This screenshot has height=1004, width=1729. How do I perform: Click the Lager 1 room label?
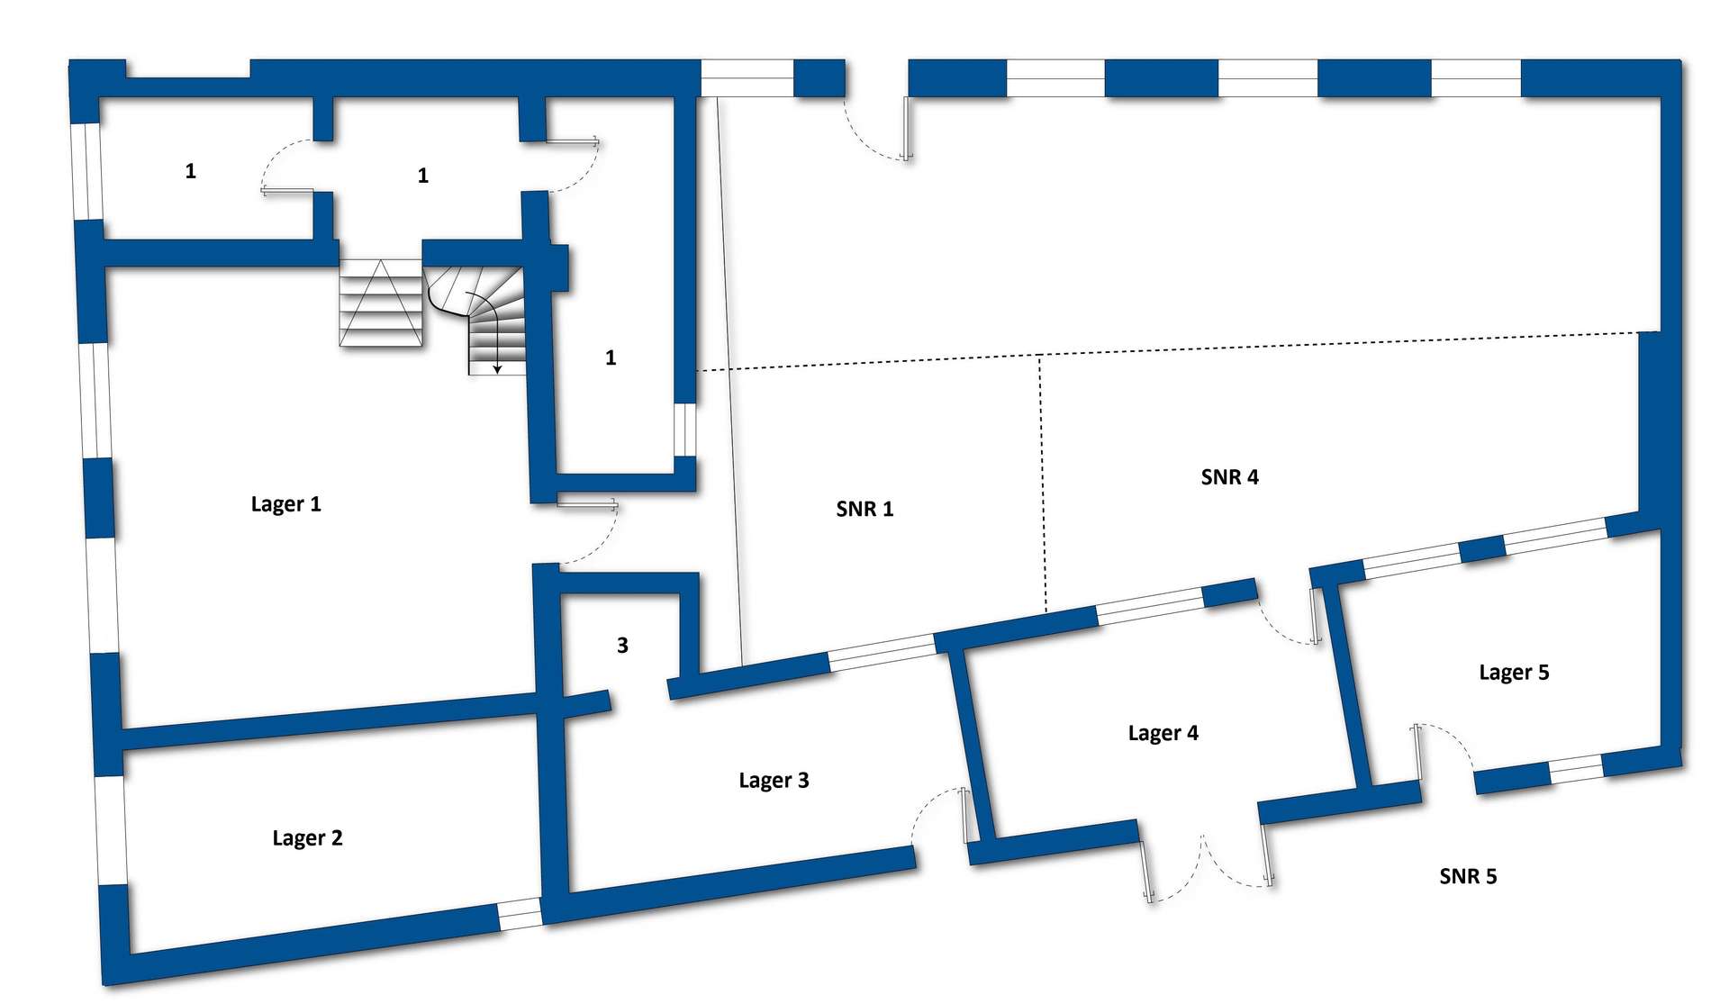(x=285, y=504)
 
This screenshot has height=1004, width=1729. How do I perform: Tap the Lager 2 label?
(x=307, y=838)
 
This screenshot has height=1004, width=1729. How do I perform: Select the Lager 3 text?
(x=774, y=781)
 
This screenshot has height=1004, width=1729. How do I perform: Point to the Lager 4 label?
(x=1163, y=733)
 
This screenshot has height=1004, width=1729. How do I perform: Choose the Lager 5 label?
(x=1514, y=673)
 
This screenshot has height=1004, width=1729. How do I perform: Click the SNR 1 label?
(x=864, y=509)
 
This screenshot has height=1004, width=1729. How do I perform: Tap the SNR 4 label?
(x=1229, y=477)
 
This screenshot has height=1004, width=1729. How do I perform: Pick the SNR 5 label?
(x=1468, y=876)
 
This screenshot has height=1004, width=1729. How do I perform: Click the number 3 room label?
(x=622, y=645)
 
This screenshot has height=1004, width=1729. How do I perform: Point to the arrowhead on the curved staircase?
(x=496, y=368)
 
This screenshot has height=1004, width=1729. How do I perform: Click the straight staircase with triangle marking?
(x=381, y=303)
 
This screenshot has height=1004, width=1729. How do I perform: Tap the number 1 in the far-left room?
(x=190, y=171)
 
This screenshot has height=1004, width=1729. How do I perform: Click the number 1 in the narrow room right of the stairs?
(x=611, y=357)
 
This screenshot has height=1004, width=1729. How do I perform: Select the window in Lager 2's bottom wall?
(x=520, y=914)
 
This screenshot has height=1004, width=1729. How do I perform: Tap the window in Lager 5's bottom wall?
(x=1575, y=768)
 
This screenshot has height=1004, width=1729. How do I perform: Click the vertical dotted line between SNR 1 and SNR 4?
(x=1042, y=484)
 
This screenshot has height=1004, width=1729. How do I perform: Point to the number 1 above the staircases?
(x=423, y=176)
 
